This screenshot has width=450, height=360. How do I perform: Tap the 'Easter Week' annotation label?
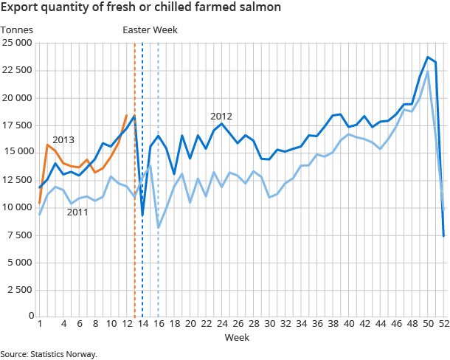150,30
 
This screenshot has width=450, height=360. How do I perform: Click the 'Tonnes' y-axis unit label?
15,30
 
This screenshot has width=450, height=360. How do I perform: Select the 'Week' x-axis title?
237,337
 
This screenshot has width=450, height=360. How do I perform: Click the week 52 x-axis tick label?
443,323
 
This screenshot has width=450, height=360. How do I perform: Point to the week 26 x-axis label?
238,323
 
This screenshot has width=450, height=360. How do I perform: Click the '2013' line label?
63,139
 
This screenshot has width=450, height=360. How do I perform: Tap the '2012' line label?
221,116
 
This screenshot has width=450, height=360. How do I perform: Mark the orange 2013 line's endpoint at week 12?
127,114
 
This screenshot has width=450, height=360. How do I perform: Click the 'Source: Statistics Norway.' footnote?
49,354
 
